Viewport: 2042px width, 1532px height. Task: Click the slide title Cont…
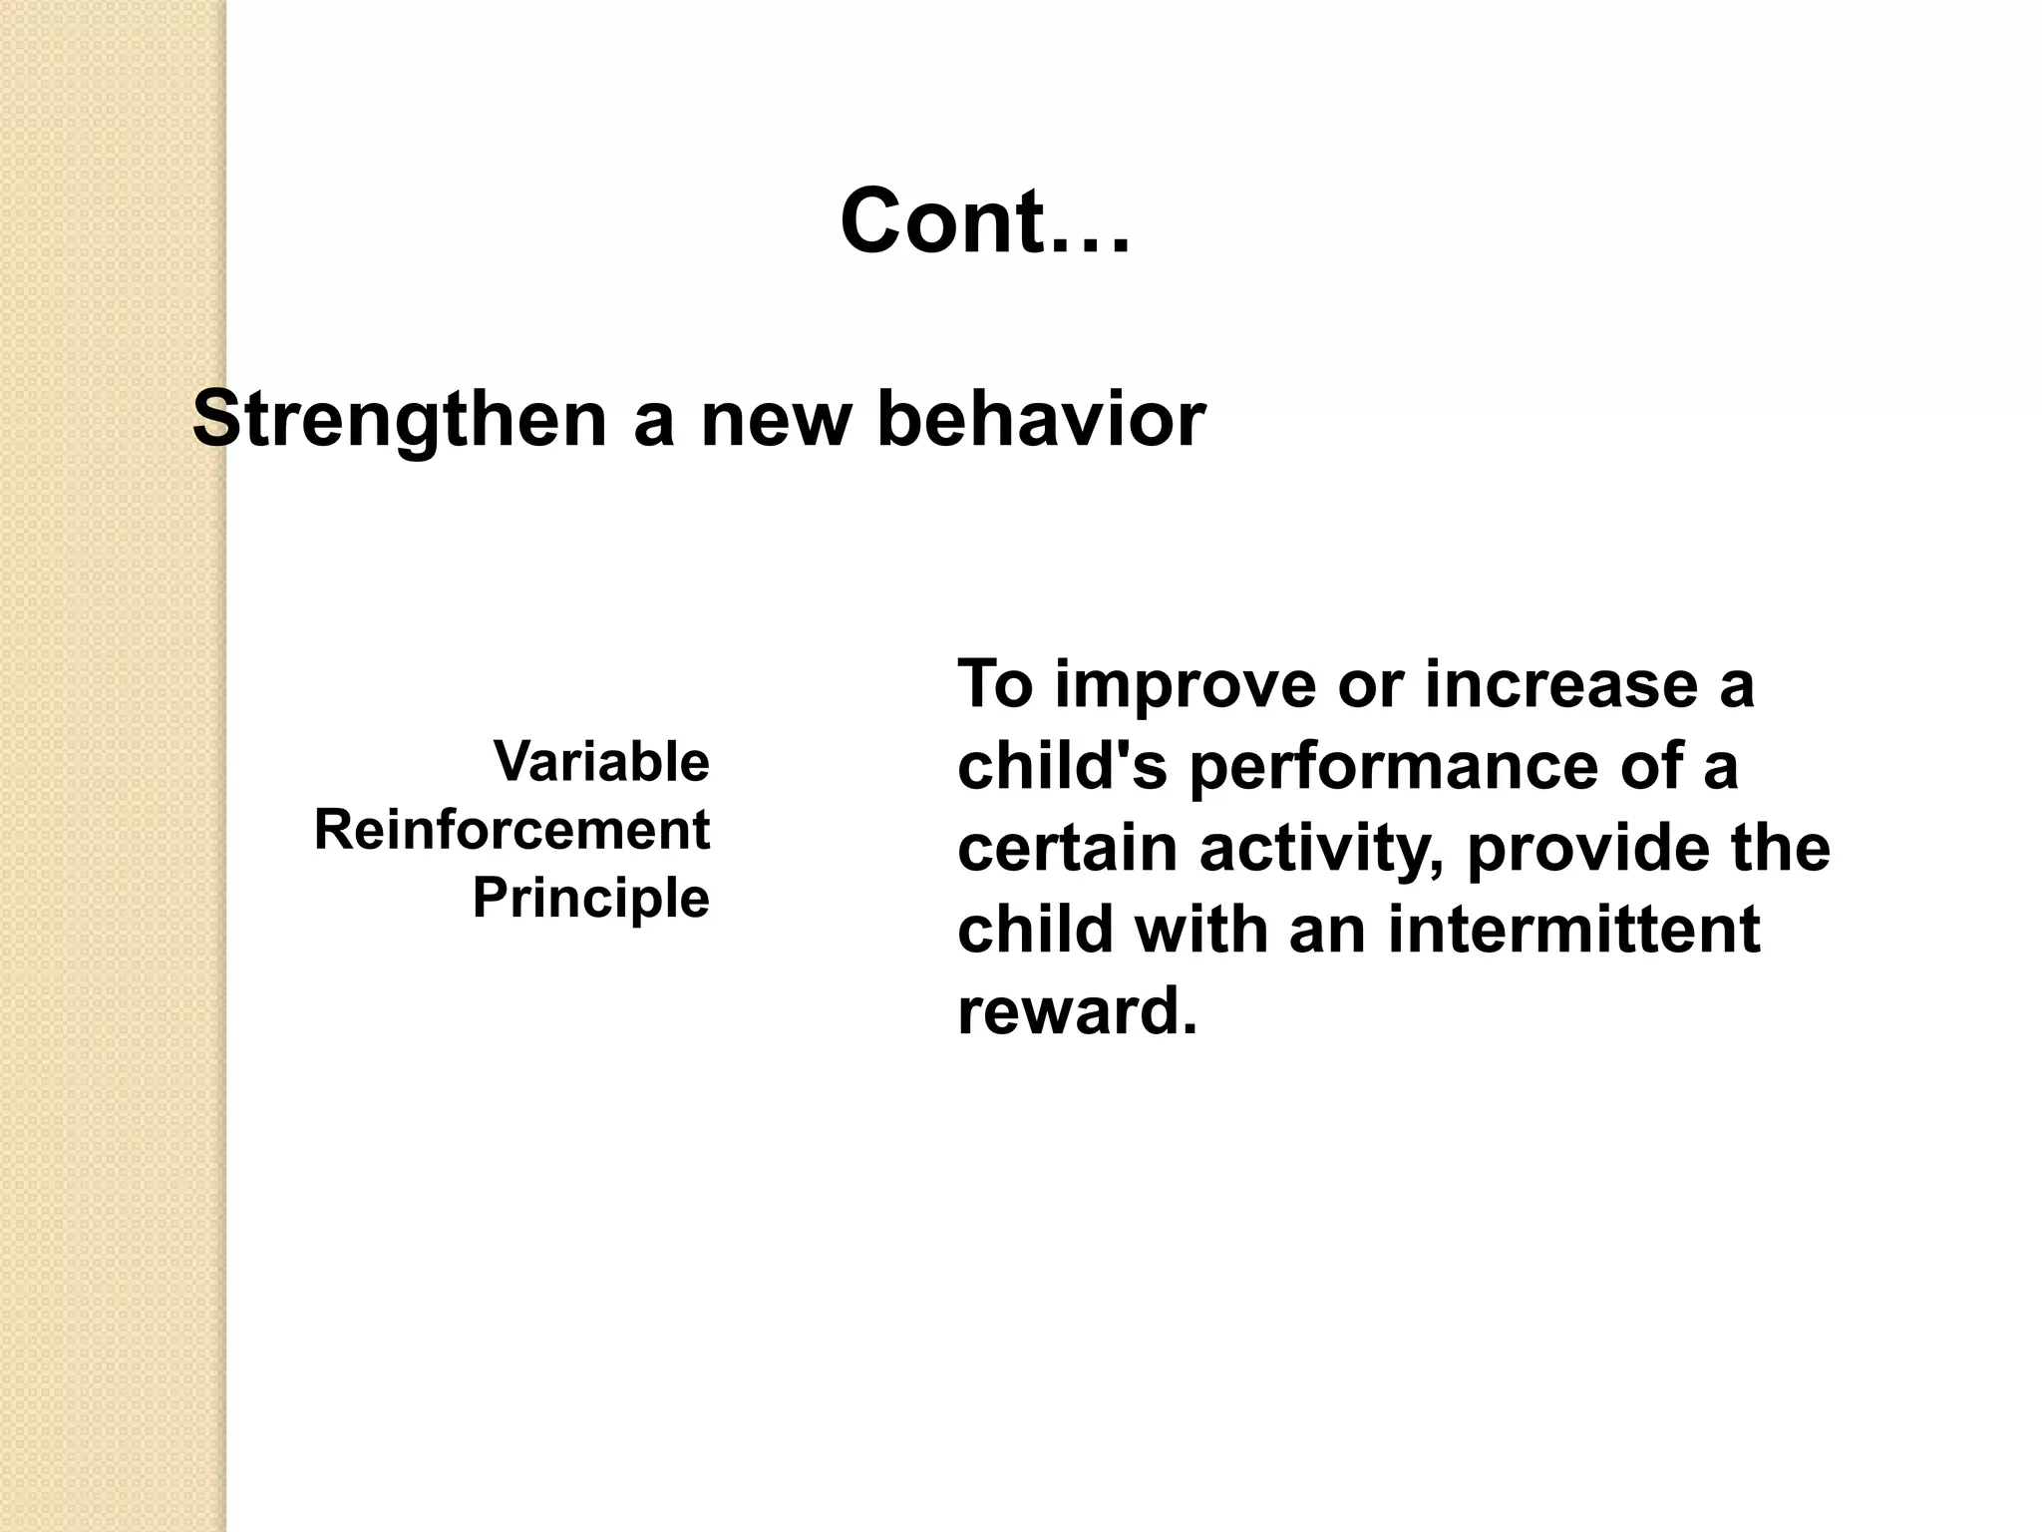(x=985, y=221)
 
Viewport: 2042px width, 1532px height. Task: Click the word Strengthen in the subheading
(x=399, y=420)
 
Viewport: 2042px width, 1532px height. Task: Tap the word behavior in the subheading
(x=1041, y=419)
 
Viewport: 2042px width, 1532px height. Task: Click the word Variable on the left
(x=601, y=762)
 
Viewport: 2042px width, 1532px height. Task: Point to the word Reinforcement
(x=511, y=830)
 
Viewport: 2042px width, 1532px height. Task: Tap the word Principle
(x=590, y=898)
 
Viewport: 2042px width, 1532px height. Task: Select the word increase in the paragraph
(x=1560, y=685)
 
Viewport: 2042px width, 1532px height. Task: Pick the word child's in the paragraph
(x=1062, y=766)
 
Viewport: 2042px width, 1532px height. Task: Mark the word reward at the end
(x=1075, y=1012)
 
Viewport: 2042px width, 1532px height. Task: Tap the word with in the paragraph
(x=1200, y=930)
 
